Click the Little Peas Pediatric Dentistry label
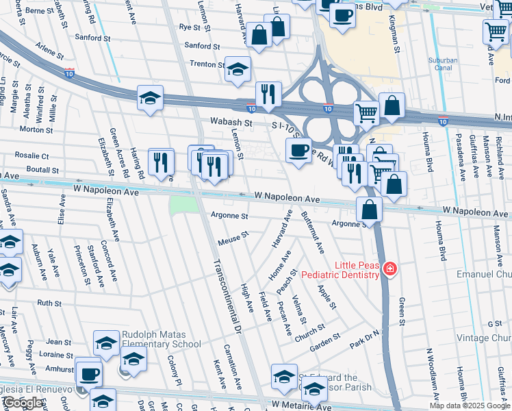(x=356, y=270)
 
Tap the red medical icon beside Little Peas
(x=389, y=269)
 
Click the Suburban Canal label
(x=443, y=64)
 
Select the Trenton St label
(x=207, y=64)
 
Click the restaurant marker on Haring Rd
(x=161, y=162)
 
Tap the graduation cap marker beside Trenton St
(x=238, y=69)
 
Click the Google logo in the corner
(x=23, y=403)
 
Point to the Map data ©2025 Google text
(x=470, y=406)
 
